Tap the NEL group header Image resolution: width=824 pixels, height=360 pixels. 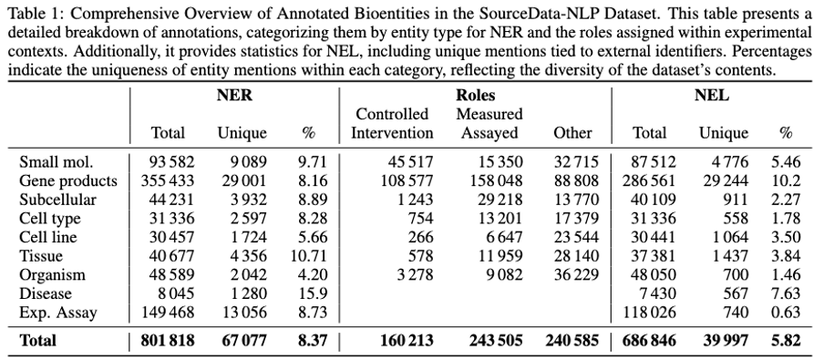[x=711, y=95]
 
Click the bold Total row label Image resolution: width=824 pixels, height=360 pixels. [x=37, y=341]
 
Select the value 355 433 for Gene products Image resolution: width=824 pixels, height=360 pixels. [x=165, y=180]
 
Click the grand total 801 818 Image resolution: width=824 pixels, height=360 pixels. [x=165, y=341]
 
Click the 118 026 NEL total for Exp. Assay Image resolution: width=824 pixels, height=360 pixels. [x=649, y=311]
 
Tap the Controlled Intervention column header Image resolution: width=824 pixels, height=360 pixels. [x=393, y=124]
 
